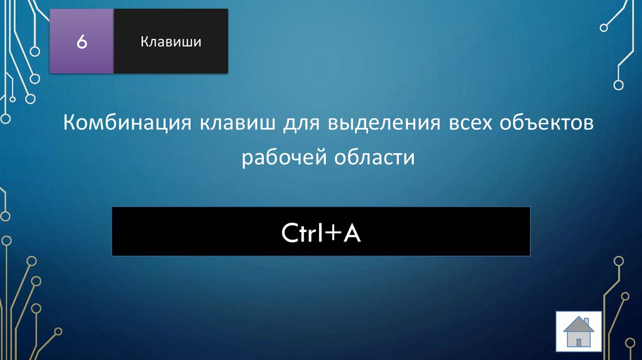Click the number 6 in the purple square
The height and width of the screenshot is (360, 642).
82,42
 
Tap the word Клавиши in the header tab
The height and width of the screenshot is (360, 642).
171,42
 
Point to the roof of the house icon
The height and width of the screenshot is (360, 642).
579,323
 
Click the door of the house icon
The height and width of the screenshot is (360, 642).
579,341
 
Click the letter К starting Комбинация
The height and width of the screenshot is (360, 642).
68,124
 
